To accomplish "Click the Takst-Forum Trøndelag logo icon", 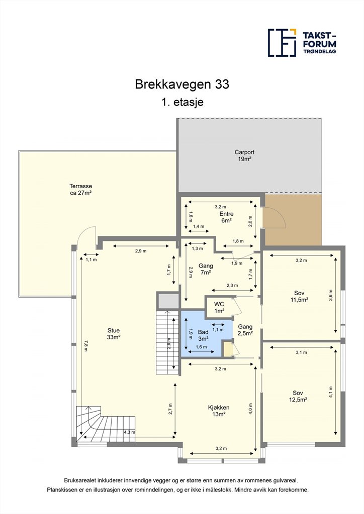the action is pyautogui.click(x=282, y=43).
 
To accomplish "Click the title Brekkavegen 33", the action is pyautogui.click(x=182, y=84).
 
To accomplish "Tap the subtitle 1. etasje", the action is pyautogui.click(x=182, y=102).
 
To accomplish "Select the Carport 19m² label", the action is pyautogui.click(x=244, y=156).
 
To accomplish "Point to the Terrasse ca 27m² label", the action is pyautogui.click(x=81, y=189).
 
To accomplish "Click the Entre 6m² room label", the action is pyautogui.click(x=226, y=217).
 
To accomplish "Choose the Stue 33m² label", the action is pyautogui.click(x=114, y=334).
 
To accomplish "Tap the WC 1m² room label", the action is pyautogui.click(x=219, y=308).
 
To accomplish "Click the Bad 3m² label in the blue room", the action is pyautogui.click(x=203, y=335).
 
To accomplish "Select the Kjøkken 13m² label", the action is pyautogui.click(x=219, y=411).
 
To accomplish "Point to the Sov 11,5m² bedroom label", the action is pyautogui.click(x=299, y=296).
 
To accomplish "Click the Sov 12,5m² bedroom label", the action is pyautogui.click(x=298, y=396).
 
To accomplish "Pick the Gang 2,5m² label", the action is pyautogui.click(x=245, y=330).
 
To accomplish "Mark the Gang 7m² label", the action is pyautogui.click(x=206, y=269).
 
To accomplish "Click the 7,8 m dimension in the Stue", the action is pyautogui.click(x=85, y=345).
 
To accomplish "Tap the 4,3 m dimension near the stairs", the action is pyautogui.click(x=129, y=432).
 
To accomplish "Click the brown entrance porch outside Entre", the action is pyautogui.click(x=293, y=220).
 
